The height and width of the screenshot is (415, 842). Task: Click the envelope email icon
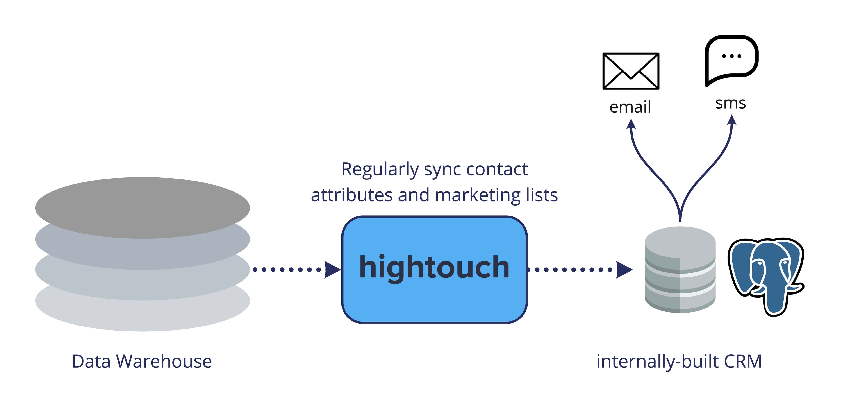631,71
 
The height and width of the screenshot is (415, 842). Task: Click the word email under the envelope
630,107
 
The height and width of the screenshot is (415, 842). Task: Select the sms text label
731,103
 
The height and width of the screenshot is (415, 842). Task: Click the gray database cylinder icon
680,270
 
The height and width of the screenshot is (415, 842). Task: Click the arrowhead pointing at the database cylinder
624,270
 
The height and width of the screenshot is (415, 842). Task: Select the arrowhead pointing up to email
631,124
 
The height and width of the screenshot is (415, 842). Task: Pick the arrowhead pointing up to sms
732,120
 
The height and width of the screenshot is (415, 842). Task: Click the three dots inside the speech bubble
731,56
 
